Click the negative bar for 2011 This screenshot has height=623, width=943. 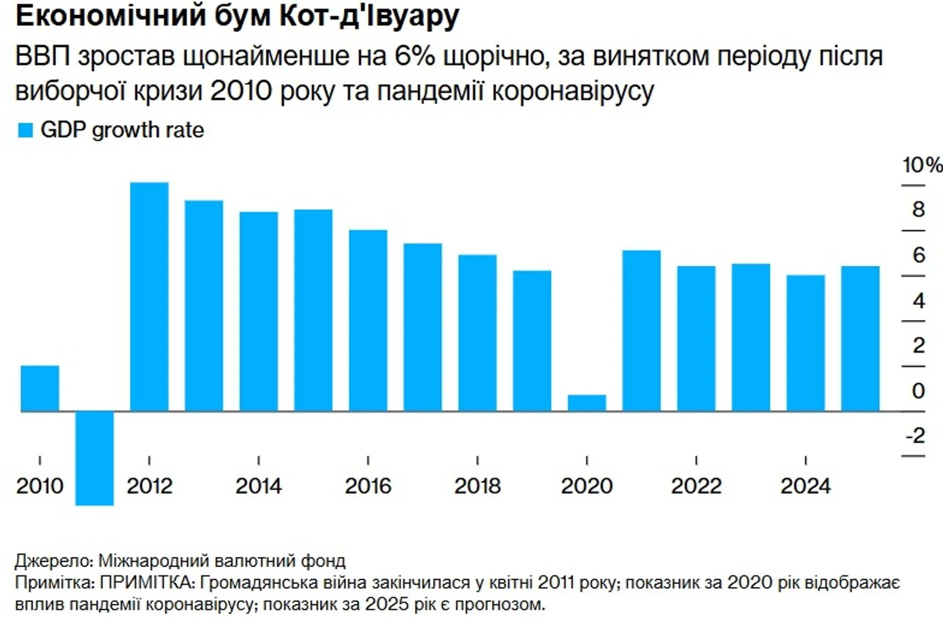tap(94, 458)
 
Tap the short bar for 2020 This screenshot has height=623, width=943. tap(587, 403)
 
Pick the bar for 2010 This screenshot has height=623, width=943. tap(40, 389)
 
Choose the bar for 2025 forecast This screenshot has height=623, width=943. tap(860, 339)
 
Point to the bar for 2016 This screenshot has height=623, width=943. tap(368, 321)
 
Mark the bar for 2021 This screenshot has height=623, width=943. tap(641, 331)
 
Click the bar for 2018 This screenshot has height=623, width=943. tap(477, 333)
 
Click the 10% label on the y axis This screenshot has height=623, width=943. tap(922, 165)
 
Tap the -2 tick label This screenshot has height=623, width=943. tap(915, 435)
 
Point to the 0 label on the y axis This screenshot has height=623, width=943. tap(918, 390)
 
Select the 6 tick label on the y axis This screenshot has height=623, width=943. tap(918, 255)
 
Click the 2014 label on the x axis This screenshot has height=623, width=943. tap(258, 486)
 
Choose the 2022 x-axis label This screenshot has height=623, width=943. tap(696, 486)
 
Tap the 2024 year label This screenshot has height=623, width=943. tap(805, 486)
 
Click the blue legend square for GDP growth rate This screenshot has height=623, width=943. tap(26, 130)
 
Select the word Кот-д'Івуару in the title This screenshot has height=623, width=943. tap(369, 17)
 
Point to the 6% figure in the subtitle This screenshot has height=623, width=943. tap(415, 56)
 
